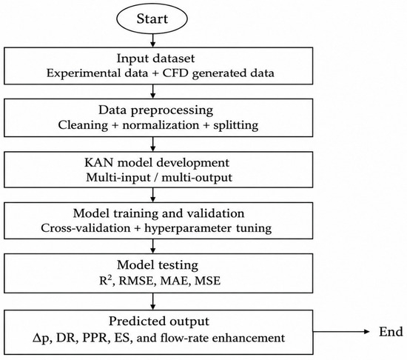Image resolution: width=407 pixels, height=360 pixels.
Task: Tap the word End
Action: click(391, 332)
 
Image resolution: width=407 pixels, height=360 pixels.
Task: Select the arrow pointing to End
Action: click(341, 331)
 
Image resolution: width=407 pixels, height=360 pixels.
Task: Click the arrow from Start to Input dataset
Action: click(153, 41)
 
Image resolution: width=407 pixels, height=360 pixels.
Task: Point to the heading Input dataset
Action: click(155, 59)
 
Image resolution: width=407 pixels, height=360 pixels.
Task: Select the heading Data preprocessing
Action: click(155, 110)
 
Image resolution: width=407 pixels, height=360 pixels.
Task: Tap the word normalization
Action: click(161, 125)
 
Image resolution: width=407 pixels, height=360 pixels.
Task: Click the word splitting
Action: click(235, 125)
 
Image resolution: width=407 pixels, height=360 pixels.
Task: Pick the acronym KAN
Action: click(99, 163)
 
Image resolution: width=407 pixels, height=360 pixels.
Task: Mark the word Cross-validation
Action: click(86, 228)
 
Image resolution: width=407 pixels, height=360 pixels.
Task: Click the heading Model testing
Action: click(158, 265)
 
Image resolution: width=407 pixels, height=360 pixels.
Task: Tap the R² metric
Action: click(107, 281)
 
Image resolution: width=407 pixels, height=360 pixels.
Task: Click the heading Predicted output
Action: click(158, 321)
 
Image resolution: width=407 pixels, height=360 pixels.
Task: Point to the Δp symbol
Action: click(41, 339)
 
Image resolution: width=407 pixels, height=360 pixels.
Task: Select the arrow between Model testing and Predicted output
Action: click(153, 301)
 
